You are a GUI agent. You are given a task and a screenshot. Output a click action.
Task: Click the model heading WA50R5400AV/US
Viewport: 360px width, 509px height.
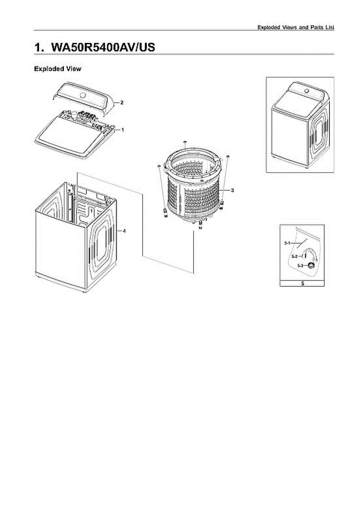[x=95, y=47]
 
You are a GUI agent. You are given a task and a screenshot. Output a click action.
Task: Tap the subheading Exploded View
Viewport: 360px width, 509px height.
[x=57, y=69]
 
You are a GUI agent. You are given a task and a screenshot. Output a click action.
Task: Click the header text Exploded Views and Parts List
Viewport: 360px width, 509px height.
[x=296, y=27]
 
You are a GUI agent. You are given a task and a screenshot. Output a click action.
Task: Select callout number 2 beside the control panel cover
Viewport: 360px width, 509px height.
[x=122, y=103]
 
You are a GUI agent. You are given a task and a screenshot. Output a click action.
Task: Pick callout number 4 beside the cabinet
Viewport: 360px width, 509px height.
[x=124, y=231]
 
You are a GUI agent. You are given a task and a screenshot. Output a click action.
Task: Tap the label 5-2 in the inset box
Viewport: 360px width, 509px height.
[x=294, y=256]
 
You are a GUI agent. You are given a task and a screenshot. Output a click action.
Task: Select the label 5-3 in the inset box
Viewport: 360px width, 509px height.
[x=300, y=266]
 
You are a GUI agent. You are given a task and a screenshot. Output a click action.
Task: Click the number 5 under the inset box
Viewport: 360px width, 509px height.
[x=302, y=283]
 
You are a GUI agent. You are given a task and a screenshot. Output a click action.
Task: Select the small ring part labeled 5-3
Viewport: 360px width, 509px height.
[x=312, y=266]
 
